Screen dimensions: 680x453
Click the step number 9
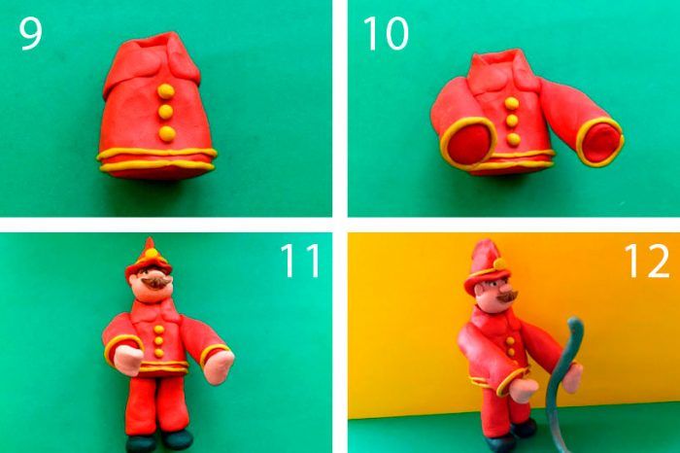(30, 34)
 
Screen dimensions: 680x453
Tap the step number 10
(386, 34)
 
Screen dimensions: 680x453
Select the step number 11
(301, 261)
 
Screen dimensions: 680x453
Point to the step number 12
(646, 261)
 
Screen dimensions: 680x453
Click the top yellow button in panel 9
(166, 91)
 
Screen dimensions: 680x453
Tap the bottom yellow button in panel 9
(167, 133)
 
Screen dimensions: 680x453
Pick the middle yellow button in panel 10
(512, 121)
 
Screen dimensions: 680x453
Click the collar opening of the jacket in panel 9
(156, 43)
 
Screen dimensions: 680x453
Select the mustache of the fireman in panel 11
(155, 283)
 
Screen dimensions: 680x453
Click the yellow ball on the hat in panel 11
(151, 253)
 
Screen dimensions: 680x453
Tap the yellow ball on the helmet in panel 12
(500, 263)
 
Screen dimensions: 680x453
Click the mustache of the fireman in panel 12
(507, 296)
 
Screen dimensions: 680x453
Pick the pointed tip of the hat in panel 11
(150, 239)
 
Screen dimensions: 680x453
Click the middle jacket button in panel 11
(158, 341)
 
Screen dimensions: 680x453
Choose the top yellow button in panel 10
(512, 103)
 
